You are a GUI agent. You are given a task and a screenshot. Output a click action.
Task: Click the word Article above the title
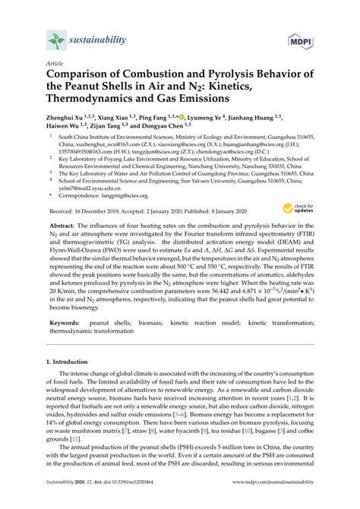point(54,65)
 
